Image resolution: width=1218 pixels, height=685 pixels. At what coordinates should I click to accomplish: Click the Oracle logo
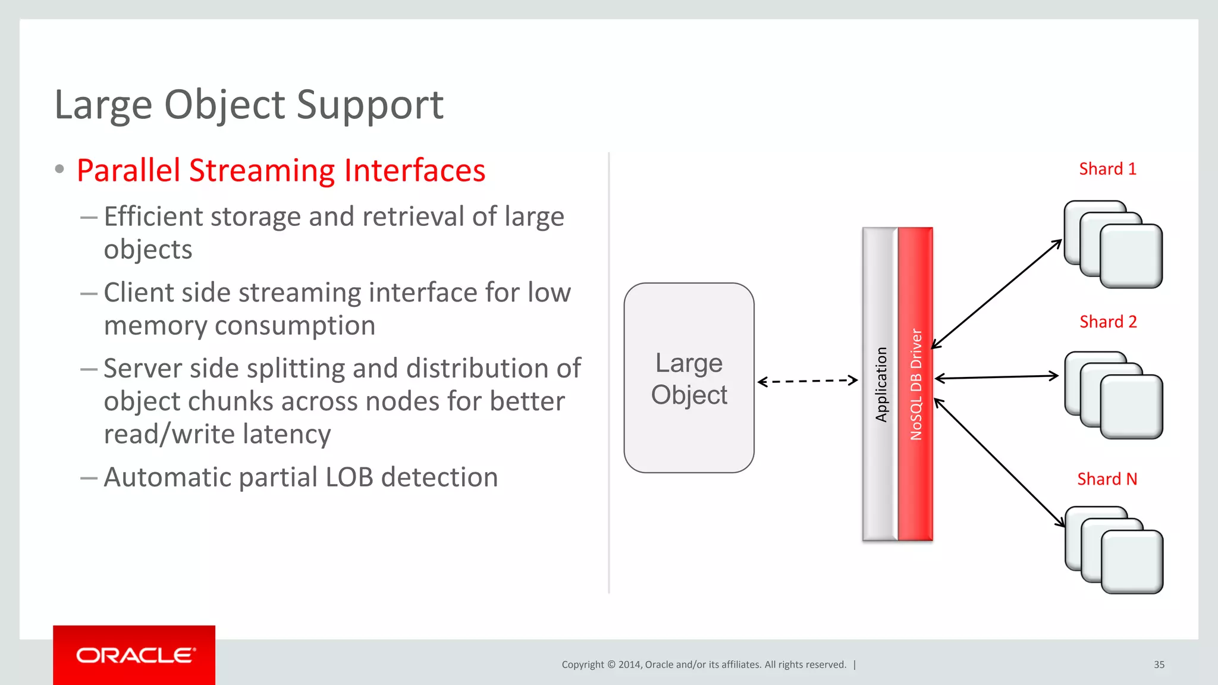[134, 655]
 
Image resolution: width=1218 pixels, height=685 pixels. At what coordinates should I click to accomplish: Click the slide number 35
[1159, 665]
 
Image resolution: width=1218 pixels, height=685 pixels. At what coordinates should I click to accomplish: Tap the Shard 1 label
[1107, 169]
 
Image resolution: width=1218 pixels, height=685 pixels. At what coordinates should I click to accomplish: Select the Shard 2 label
[1108, 322]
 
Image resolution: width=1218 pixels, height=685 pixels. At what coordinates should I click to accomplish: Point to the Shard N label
[1107, 479]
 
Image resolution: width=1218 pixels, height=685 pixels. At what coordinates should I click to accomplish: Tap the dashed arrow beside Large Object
[808, 381]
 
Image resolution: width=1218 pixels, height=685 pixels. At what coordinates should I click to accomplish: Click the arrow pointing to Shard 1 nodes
[997, 294]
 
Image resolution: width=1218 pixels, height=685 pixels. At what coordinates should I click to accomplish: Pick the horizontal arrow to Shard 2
[997, 377]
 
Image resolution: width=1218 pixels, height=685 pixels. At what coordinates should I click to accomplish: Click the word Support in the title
[369, 105]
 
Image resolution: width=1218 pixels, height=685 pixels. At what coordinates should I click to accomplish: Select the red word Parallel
[128, 171]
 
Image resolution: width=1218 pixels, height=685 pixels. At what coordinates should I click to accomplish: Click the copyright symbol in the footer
[611, 665]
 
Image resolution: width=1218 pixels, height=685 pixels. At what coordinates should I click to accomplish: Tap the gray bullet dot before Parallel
[59, 169]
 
